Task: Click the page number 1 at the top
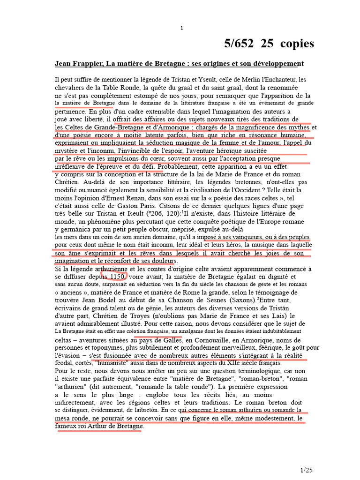pyautogui.click(x=182, y=29)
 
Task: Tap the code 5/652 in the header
pyautogui.click(x=239, y=44)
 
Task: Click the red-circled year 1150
pyautogui.click(x=114, y=277)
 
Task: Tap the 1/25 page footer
pyautogui.click(x=306, y=470)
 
